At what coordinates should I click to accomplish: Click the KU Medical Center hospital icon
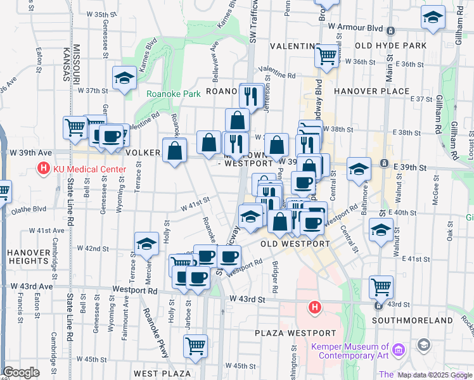click(43, 169)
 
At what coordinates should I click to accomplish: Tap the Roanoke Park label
click(174, 94)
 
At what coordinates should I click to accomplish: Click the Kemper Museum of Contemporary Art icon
click(399, 350)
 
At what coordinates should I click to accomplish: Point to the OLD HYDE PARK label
click(391, 46)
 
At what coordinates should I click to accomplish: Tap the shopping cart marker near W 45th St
click(195, 346)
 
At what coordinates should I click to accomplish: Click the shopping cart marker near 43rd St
click(380, 287)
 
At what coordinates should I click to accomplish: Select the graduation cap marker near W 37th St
click(124, 78)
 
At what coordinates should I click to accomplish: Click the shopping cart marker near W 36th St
click(326, 55)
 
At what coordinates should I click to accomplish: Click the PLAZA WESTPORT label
click(295, 333)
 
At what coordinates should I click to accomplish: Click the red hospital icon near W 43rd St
click(314, 308)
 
